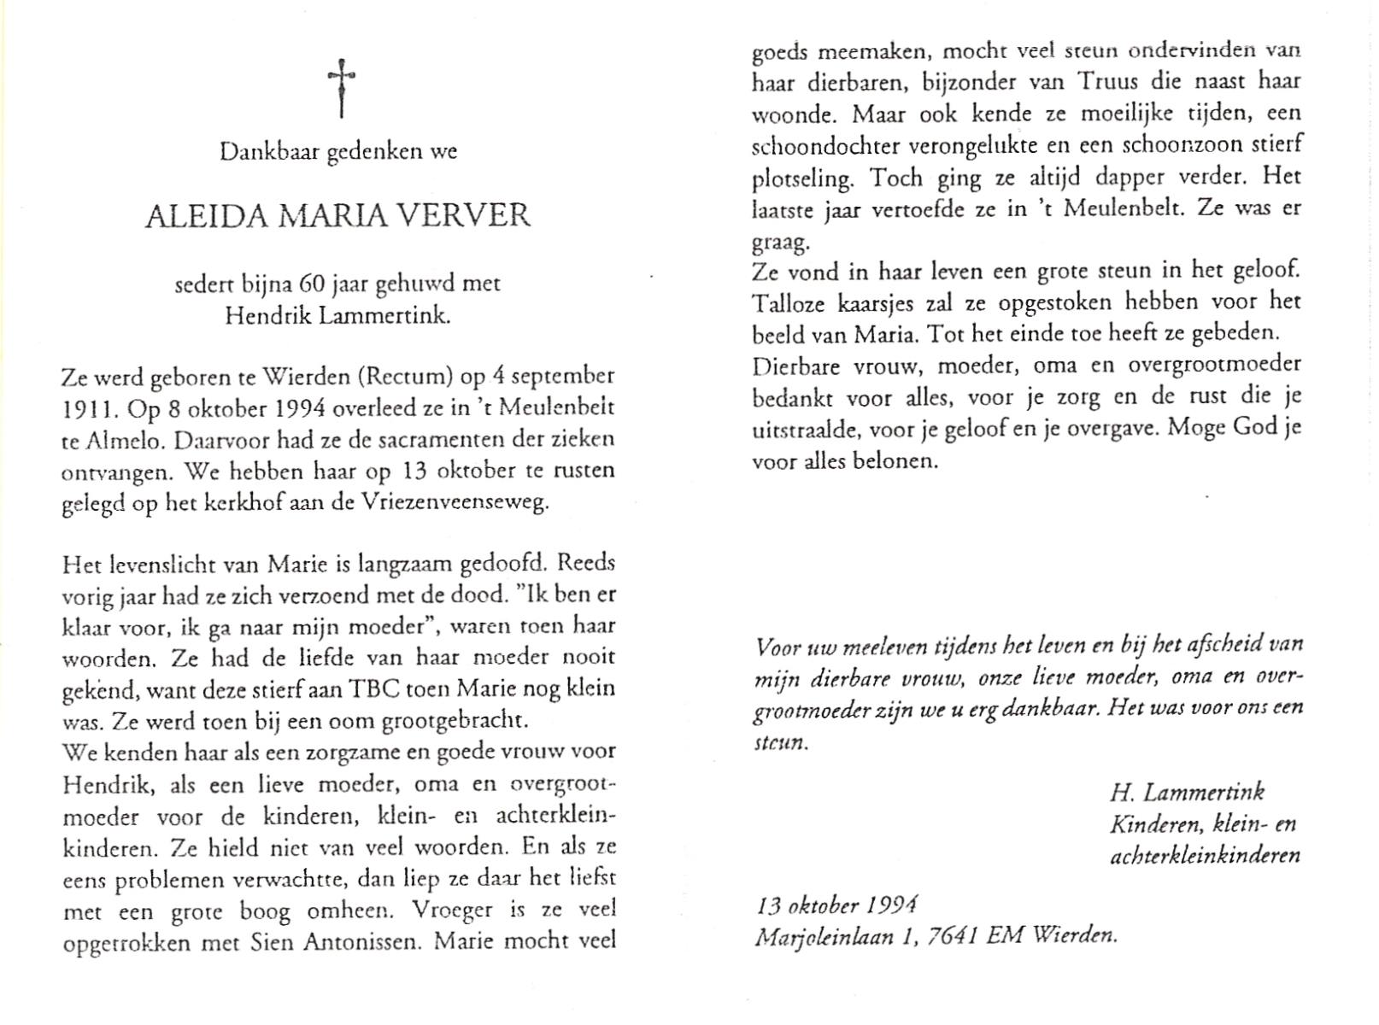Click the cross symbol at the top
coord(341,88)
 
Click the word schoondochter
coord(824,145)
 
